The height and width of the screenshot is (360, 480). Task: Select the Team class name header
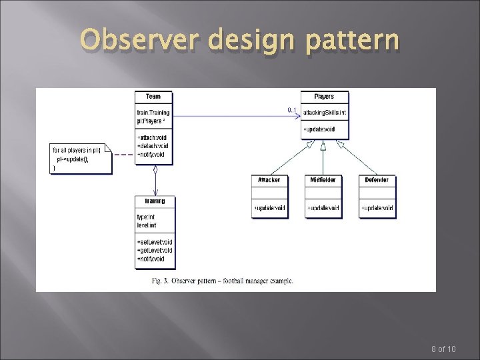tap(153, 97)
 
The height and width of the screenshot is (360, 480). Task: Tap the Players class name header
tap(323, 97)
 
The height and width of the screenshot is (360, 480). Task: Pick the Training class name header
tap(155, 201)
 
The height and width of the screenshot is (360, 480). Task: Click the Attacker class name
tap(269, 180)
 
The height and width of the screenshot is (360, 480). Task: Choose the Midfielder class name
tap(323, 180)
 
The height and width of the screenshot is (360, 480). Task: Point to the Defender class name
tap(377, 180)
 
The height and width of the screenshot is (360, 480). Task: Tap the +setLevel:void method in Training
tap(155, 241)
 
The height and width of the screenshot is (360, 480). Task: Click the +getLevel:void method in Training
tap(155, 250)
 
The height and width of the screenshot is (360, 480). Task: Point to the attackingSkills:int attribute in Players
tap(324, 111)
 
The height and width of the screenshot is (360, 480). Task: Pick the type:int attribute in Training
tap(146, 217)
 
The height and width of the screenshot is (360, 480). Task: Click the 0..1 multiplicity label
tap(292, 109)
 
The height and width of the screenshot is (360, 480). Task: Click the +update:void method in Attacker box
tap(269, 209)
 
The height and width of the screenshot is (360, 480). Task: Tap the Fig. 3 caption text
tap(222, 281)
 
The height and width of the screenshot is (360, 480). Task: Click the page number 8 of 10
tap(444, 349)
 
